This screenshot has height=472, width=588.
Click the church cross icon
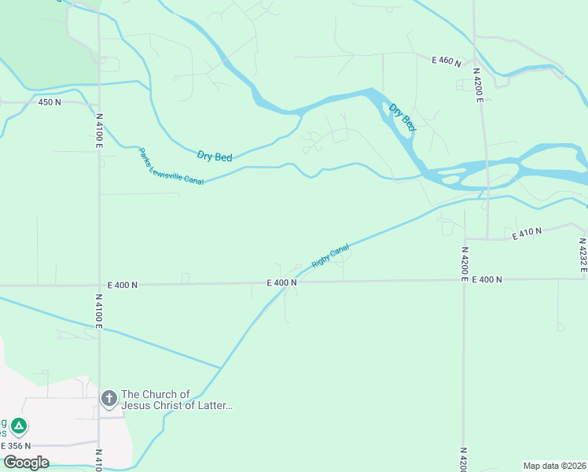tap(109, 399)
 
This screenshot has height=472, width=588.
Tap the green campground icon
tap(19, 426)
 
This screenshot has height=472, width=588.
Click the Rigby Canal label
tap(330, 256)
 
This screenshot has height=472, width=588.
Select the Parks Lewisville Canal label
tap(171, 167)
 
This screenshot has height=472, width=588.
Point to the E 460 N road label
tap(447, 60)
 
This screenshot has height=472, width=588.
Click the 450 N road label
tap(50, 102)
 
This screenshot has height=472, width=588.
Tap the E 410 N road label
tap(527, 234)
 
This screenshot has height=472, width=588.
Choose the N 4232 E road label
tap(583, 256)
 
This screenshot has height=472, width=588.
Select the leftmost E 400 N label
tap(123, 285)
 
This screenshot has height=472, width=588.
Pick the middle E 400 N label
tap(281, 282)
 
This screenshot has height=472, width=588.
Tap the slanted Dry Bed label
tap(402, 116)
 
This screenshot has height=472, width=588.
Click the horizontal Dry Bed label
tap(215, 157)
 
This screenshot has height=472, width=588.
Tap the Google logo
tap(26, 463)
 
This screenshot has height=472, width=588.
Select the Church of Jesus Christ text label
tap(177, 400)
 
